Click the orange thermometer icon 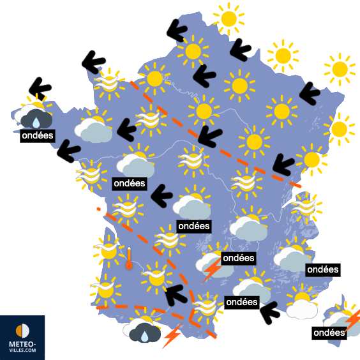[x=129, y=259]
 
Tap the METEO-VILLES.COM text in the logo [x=22, y=347]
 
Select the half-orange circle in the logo [x=22, y=331]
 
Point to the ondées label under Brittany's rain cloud [x=37, y=136]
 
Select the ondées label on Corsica [x=329, y=333]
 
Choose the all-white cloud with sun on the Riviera [x=302, y=303]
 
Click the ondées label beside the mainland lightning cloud [x=238, y=258]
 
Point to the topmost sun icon [x=228, y=18]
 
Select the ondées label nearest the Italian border [x=323, y=270]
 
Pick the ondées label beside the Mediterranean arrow [x=242, y=302]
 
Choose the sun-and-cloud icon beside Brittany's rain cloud [x=94, y=126]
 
